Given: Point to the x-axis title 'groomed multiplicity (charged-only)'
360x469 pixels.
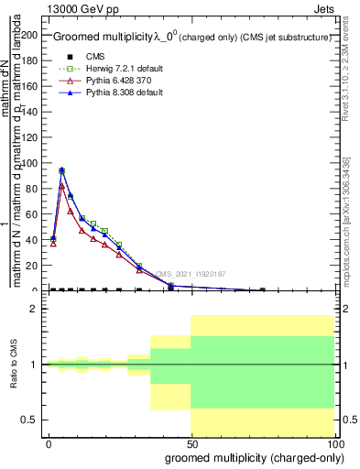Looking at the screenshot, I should coord(250,457).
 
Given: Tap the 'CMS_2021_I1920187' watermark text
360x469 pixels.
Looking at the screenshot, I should coord(190,273).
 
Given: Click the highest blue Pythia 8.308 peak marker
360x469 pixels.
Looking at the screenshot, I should coord(61,170).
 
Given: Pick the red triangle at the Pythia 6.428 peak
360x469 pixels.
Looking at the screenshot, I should coord(61,186).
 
